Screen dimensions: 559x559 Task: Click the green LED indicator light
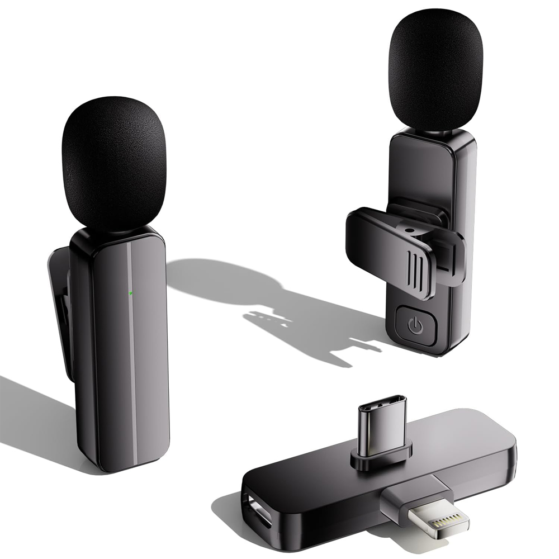coord(130,292)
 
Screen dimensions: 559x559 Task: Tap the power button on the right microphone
coord(414,324)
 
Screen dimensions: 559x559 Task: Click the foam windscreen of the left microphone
coord(114,162)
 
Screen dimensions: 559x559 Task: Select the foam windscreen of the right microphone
coord(434,68)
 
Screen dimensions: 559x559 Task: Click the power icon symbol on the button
coord(414,324)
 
